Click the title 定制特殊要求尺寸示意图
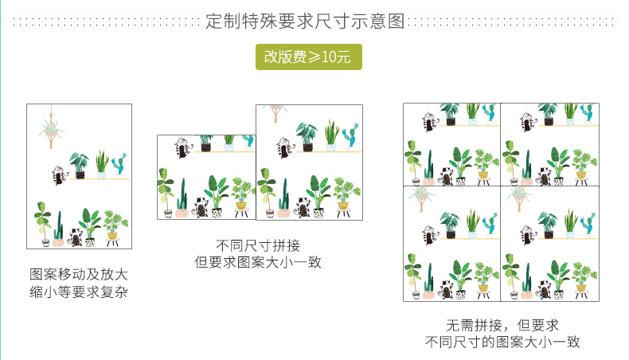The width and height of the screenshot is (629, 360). (305, 21)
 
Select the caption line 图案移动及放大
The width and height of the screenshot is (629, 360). (78, 275)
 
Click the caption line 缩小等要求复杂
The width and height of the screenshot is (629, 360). (78, 293)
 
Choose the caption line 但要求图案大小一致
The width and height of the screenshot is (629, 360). (258, 262)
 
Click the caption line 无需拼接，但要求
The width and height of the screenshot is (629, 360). (502, 325)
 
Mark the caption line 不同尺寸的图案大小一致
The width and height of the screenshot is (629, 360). (502, 343)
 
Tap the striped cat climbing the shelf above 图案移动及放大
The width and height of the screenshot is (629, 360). (58, 174)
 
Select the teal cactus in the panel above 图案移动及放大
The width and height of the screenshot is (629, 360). (119, 166)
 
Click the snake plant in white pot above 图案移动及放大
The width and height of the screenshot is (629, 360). (102, 164)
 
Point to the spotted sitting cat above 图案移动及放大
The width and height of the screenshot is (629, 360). (76, 237)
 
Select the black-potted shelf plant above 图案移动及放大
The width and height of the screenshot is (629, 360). (80, 165)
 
